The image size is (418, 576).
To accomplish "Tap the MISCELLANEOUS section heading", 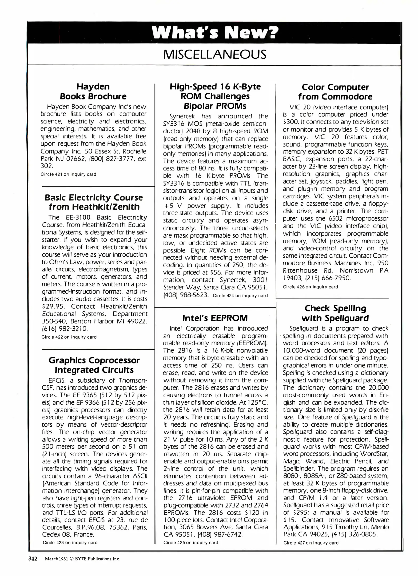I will pyautogui.click(x=214, y=55).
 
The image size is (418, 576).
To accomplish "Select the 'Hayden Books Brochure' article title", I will pyautogui.click(x=93, y=91).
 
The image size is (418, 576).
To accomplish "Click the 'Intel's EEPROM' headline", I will pyautogui.click(x=215, y=318).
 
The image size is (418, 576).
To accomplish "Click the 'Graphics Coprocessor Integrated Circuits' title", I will pyautogui.click(x=94, y=365).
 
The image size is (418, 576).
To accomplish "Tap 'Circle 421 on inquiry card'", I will pyautogui.click(x=68, y=174).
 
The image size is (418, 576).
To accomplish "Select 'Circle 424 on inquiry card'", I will pyautogui.click(x=240, y=295).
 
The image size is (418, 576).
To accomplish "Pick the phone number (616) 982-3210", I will pyautogui.click(x=65, y=329).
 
